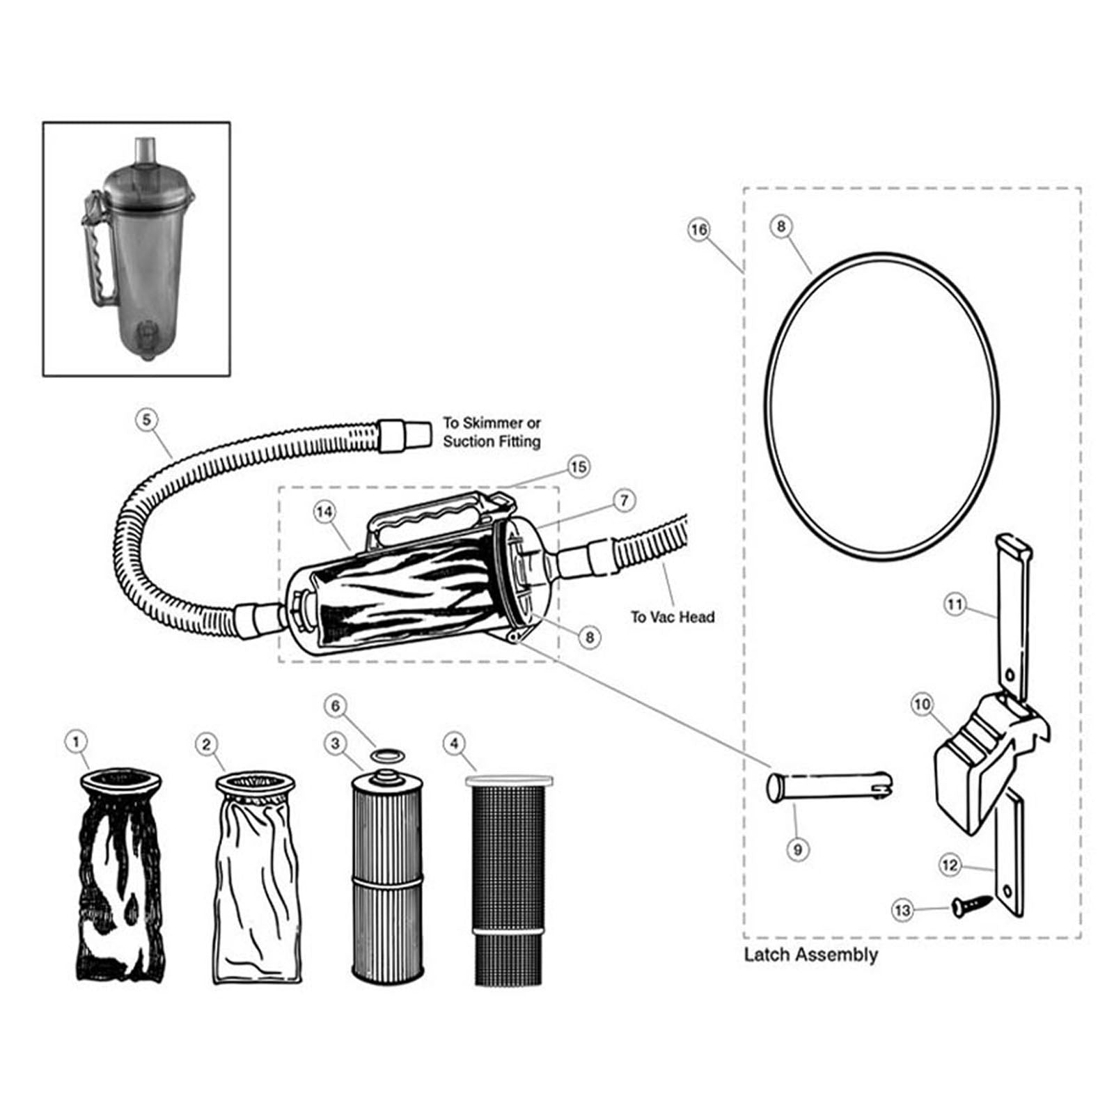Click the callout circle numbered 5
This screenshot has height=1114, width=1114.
[x=147, y=421]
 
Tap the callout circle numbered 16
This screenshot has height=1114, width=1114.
[x=698, y=230]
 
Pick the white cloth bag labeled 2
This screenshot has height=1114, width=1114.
[x=257, y=877]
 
